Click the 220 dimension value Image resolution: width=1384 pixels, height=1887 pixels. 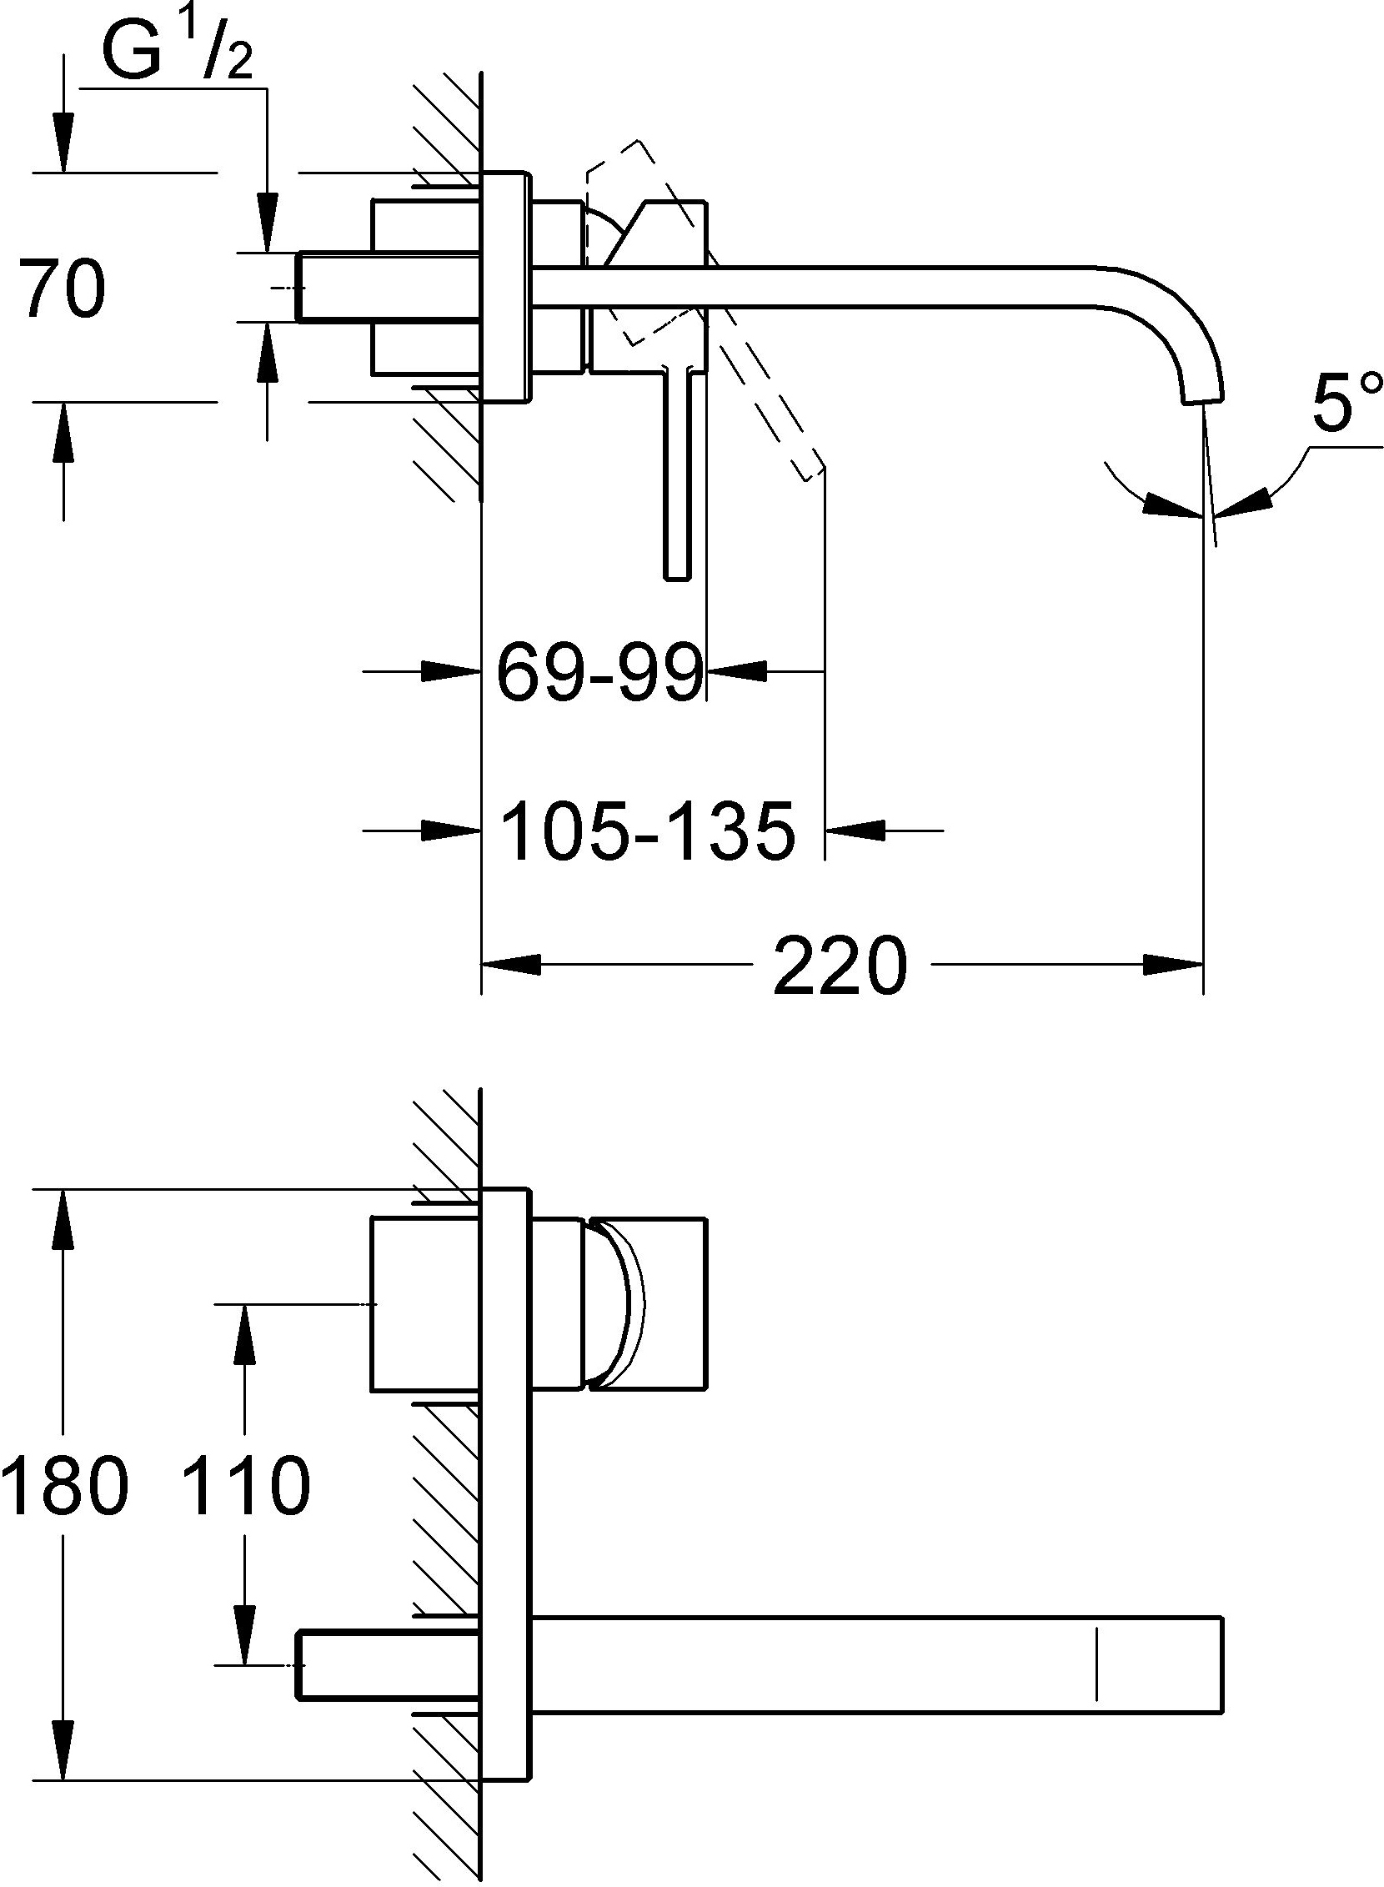point(840,966)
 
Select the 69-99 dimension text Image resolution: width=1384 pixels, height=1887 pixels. point(599,673)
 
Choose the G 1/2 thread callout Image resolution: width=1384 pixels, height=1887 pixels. point(177,51)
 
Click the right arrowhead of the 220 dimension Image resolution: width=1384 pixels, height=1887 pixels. point(1174,965)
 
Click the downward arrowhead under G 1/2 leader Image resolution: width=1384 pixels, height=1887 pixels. point(268,222)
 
